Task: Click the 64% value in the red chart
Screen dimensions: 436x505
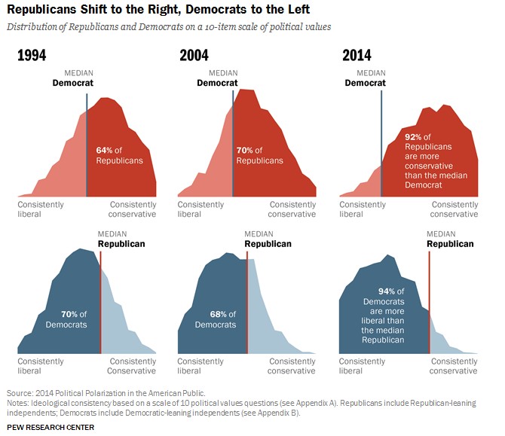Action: click(104, 151)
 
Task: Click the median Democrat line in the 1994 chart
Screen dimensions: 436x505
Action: click(87, 143)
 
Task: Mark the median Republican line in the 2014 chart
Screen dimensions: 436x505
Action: click(430, 301)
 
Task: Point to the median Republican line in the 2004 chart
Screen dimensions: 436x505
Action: click(247, 301)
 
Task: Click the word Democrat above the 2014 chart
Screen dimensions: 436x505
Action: click(368, 83)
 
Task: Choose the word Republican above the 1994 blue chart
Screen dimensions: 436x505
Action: click(121, 244)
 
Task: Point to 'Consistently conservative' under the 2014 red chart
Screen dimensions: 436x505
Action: click(454, 209)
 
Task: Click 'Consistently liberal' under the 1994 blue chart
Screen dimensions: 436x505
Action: click(41, 366)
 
